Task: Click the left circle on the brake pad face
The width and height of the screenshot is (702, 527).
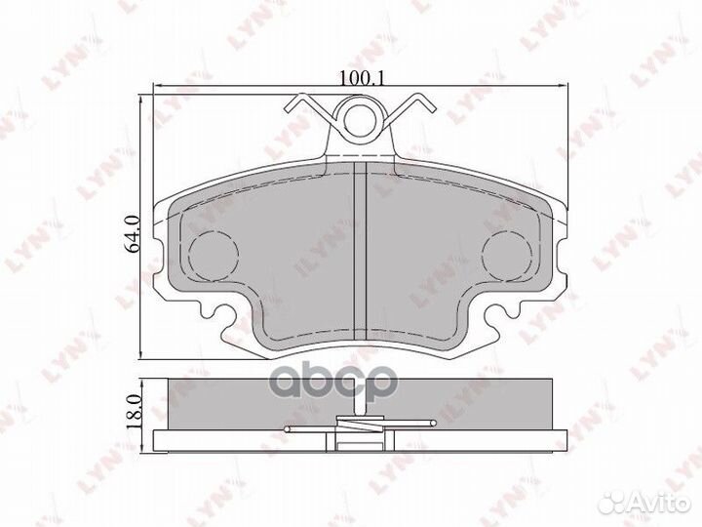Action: pyautogui.click(x=212, y=257)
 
